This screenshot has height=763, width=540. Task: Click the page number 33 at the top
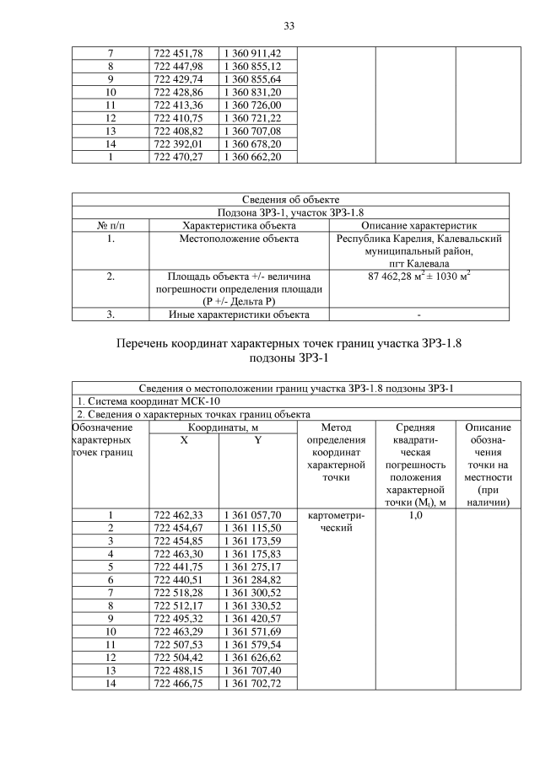tap(288, 26)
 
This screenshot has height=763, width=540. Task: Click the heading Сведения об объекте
tap(290, 200)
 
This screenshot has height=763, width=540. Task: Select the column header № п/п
tap(111, 226)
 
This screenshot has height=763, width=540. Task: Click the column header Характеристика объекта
tap(239, 226)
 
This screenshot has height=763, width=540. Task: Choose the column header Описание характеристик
tap(419, 226)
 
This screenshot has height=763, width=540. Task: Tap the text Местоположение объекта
tap(239, 239)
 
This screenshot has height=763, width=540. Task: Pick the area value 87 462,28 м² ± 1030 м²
tap(419, 276)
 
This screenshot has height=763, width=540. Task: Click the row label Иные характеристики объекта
tap(239, 314)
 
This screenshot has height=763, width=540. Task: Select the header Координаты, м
tap(223, 427)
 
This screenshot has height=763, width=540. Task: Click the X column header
tap(184, 441)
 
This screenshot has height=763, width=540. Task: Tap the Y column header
tap(256, 441)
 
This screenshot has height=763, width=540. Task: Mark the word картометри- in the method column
tap(335, 515)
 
